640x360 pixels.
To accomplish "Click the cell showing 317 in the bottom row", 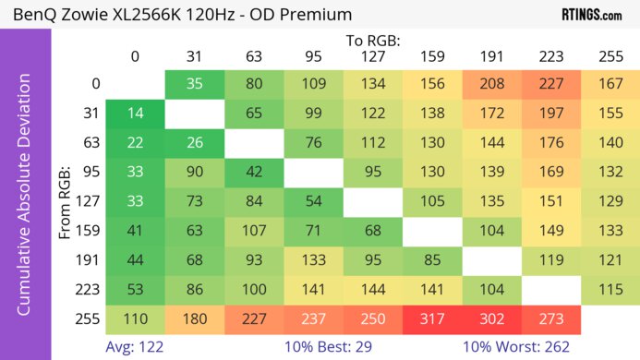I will click(x=432, y=318).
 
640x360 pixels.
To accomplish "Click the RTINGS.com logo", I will click(x=591, y=14).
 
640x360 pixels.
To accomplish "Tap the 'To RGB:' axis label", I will click(x=372, y=41).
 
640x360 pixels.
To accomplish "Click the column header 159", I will click(x=432, y=56).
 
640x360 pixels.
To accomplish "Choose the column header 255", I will click(x=610, y=56).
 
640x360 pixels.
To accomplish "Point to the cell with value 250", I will click(x=373, y=318).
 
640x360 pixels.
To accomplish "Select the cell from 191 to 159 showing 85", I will click(x=432, y=260).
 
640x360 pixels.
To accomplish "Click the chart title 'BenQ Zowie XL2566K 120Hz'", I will click(x=139, y=14).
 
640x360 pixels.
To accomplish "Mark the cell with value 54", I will click(x=313, y=202).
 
